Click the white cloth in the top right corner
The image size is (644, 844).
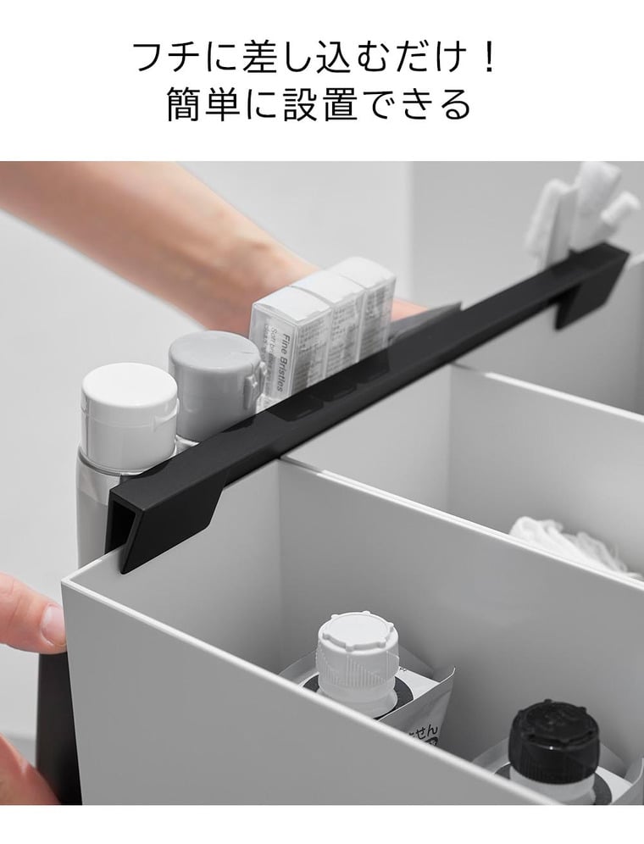tap(585, 208)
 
